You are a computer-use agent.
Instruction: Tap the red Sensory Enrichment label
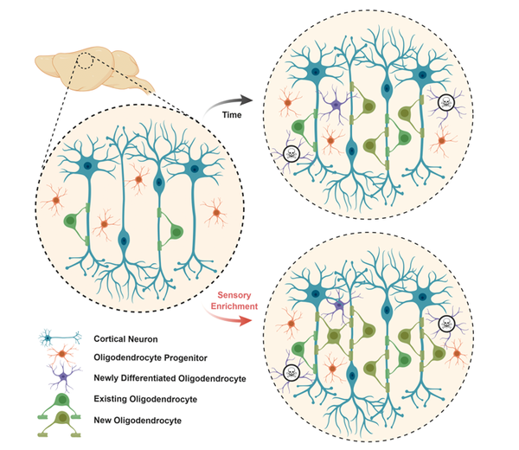click(x=234, y=300)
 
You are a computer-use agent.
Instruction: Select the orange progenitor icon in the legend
click(x=61, y=357)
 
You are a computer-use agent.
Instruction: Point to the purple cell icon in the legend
click(x=61, y=376)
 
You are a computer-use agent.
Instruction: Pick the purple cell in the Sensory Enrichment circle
click(x=335, y=305)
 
